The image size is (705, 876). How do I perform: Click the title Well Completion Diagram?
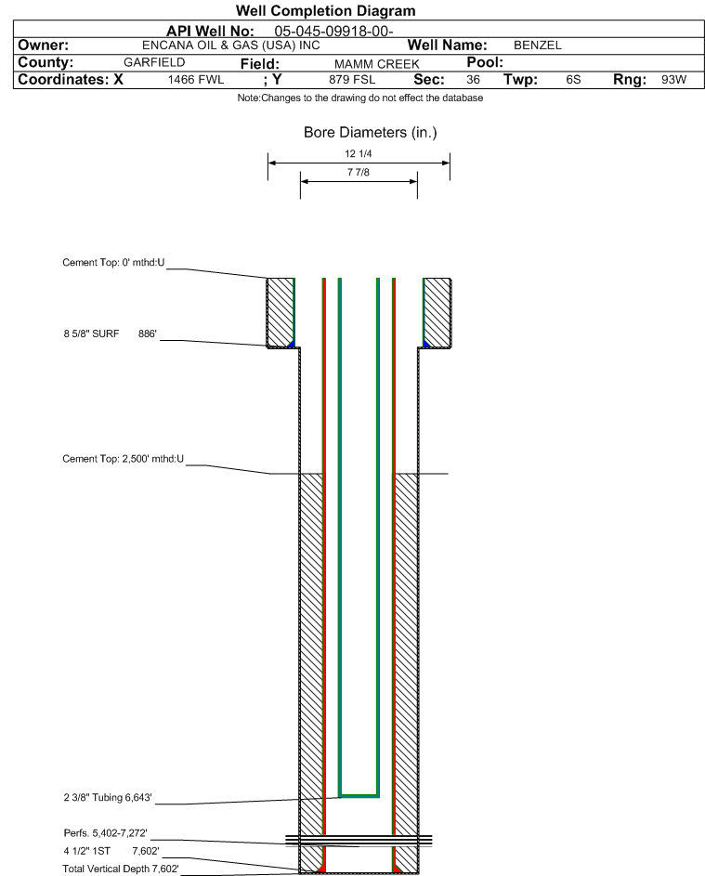pos(325,10)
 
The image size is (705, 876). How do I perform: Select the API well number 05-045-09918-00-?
pos(333,32)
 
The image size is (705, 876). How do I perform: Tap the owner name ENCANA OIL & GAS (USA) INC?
pos(230,46)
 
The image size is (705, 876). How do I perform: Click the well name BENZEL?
pos(538,46)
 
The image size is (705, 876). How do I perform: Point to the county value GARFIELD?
pos(154,62)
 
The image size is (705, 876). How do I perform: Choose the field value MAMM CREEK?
pos(376,64)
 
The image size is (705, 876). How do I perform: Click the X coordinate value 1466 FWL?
pos(195,79)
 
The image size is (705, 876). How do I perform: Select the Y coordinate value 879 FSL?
pos(352,79)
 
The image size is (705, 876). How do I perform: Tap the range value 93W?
pos(673,79)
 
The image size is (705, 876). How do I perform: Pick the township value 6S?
pos(573,79)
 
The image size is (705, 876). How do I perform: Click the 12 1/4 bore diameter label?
pos(359,153)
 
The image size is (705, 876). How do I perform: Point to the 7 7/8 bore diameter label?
pos(359,172)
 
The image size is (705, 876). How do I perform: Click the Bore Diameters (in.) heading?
pos(371,133)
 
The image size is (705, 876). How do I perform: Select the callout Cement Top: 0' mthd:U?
pos(113,263)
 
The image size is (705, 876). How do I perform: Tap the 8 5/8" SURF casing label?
pos(91,333)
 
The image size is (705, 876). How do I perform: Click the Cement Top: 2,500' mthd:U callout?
pos(123,459)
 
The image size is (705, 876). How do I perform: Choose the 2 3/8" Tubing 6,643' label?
pos(107,797)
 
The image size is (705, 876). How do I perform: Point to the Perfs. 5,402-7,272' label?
pos(105,833)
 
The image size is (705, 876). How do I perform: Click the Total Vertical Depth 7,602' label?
pos(121,869)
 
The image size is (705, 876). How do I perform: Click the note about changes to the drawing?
pos(360,98)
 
